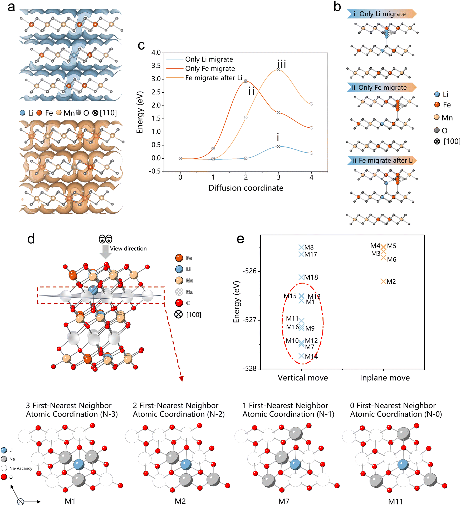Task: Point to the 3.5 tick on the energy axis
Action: pos(156,66)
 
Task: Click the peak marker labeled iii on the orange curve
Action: pos(278,69)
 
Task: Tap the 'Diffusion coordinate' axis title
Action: pos(246,188)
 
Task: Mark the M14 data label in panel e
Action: pos(311,357)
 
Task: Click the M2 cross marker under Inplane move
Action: pos(383,281)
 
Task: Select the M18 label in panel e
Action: pos(311,277)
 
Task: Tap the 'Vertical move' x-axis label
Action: pos(303,378)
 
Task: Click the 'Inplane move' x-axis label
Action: pos(385,378)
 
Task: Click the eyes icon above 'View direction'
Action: pos(105,239)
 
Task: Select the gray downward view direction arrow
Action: pos(105,252)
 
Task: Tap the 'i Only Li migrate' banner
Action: pos(382,14)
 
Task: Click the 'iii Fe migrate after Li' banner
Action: pos(382,160)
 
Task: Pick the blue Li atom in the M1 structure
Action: pos(79,465)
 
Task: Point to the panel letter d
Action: pos(31,239)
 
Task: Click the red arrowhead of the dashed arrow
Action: pos(181,378)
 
